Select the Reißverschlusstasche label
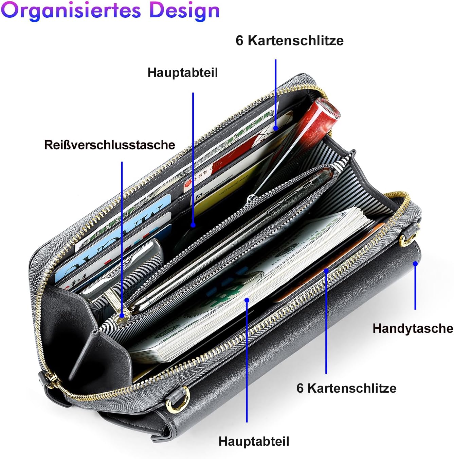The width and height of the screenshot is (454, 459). [x=109, y=145]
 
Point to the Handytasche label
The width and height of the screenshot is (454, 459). [x=413, y=329]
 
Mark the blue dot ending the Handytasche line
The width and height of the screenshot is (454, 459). [x=415, y=264]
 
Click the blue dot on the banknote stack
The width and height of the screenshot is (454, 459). [x=247, y=300]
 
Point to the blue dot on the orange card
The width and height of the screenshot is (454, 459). [x=326, y=271]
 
